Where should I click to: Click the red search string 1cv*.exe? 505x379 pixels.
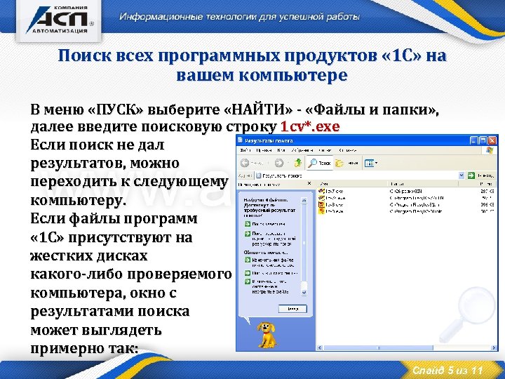click(x=309, y=128)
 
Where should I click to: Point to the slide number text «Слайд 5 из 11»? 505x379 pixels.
click(x=448, y=370)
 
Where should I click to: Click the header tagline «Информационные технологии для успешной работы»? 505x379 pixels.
click(x=239, y=16)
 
